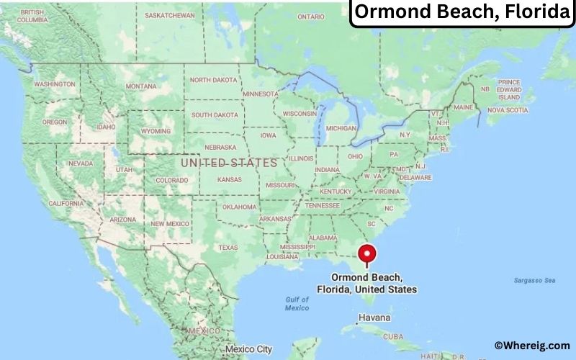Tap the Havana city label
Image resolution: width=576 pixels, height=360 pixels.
click(374, 318)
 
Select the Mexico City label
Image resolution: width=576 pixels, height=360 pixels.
click(248, 349)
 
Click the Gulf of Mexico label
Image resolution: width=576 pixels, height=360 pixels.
click(297, 303)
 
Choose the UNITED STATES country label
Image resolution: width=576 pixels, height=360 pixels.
click(228, 163)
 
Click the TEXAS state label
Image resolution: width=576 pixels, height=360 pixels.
click(228, 248)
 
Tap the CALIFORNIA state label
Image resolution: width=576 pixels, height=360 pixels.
click(66, 204)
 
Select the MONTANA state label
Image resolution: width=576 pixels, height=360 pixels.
click(140, 86)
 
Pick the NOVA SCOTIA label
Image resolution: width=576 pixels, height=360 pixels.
click(508, 110)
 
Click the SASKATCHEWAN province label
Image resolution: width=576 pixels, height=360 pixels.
click(170, 15)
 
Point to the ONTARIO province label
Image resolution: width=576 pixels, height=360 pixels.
click(311, 17)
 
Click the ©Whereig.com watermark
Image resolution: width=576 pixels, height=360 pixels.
click(531, 346)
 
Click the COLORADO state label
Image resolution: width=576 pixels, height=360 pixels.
click(171, 181)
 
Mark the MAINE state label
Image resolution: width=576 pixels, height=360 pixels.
click(464, 107)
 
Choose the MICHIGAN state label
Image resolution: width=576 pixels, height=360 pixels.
click(341, 128)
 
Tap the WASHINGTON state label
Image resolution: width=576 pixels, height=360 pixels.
click(55, 84)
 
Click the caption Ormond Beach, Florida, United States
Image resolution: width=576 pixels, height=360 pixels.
click(366, 283)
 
